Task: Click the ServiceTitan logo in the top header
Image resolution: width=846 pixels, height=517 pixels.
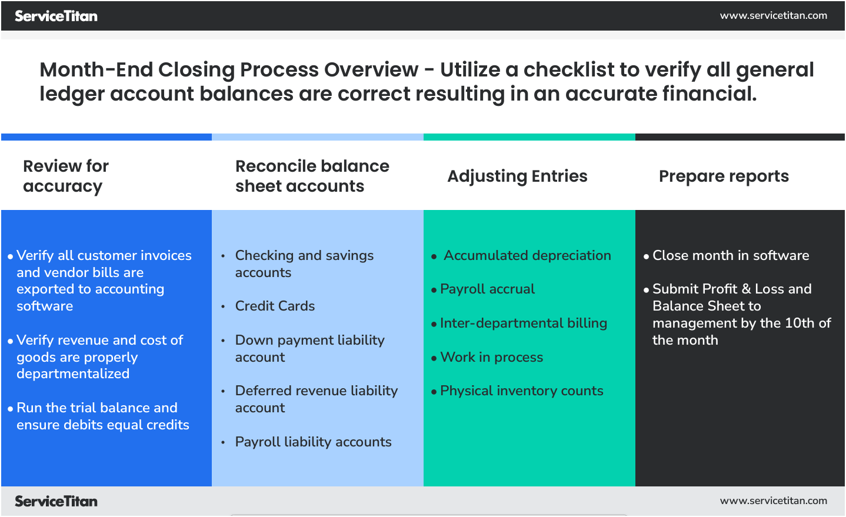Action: click(x=56, y=16)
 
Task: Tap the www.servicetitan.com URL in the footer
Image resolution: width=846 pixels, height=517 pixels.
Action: click(x=773, y=501)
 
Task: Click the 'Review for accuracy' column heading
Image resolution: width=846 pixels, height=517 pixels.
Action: click(x=65, y=176)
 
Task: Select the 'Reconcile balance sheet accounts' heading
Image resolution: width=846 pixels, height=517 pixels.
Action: click(x=312, y=176)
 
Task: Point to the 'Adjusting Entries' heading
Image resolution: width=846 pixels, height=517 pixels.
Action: click(x=517, y=176)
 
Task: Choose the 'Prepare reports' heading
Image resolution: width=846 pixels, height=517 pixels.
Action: click(x=724, y=176)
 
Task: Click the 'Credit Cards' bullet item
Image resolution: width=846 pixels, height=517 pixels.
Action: click(x=275, y=306)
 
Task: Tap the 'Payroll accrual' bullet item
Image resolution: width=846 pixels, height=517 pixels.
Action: click(x=487, y=289)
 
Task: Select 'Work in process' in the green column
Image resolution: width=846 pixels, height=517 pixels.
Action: click(x=491, y=357)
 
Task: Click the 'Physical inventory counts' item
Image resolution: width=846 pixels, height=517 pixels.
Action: click(x=521, y=391)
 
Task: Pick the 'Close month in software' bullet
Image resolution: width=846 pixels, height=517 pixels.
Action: click(x=730, y=255)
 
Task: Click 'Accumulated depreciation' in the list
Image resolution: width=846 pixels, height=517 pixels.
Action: click(x=527, y=255)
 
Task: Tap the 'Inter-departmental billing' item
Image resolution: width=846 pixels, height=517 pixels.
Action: click(x=523, y=323)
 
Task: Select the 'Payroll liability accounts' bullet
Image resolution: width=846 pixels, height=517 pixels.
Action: click(x=313, y=442)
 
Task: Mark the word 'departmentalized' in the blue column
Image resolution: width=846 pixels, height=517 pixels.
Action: click(x=73, y=373)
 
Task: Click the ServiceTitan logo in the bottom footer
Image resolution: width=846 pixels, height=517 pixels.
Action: click(x=56, y=501)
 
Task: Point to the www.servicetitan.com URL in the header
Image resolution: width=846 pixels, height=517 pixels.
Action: click(x=773, y=15)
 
